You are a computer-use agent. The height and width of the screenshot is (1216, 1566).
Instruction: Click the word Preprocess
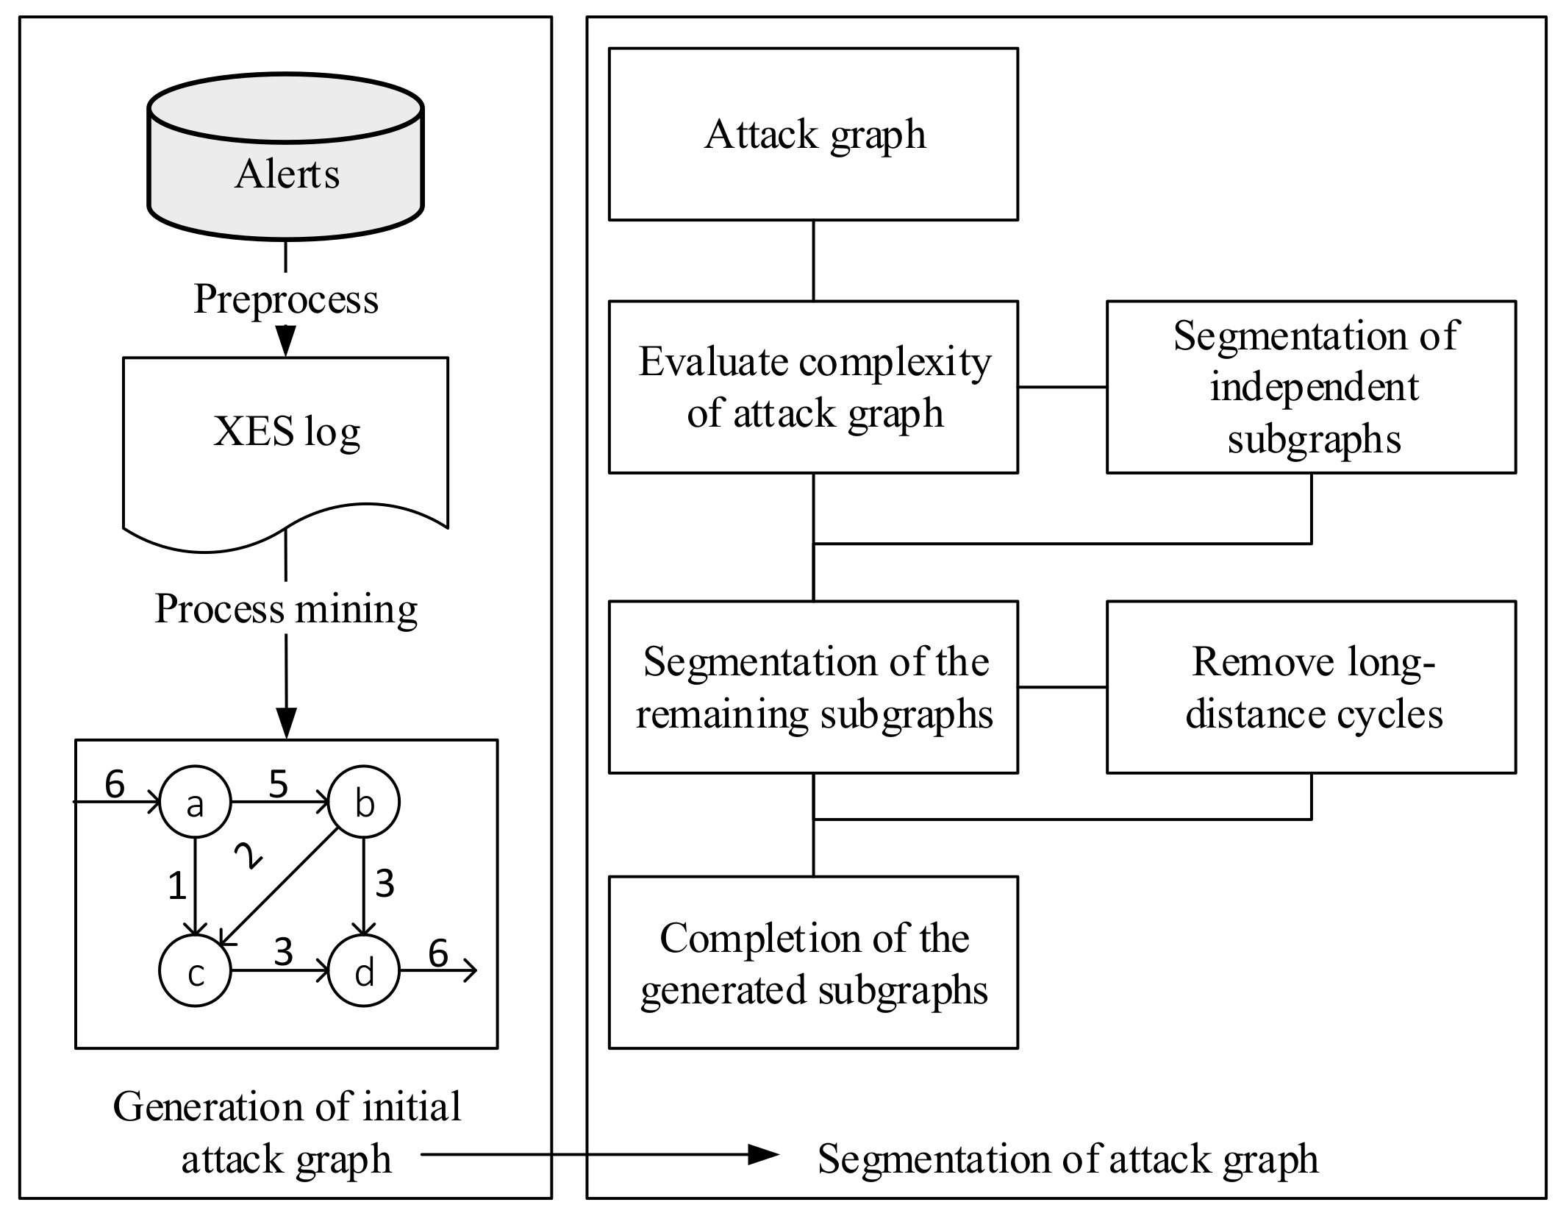286,299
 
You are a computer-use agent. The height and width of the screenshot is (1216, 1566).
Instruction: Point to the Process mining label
286,609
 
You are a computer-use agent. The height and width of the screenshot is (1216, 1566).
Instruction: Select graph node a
195,803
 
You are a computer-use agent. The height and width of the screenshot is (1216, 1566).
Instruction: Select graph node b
364,803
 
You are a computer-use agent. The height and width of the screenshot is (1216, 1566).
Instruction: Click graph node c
195,971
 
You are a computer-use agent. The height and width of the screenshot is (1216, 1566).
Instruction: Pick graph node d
364,971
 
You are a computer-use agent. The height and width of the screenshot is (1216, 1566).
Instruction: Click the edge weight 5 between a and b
278,784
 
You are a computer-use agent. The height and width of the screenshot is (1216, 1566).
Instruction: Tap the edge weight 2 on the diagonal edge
248,855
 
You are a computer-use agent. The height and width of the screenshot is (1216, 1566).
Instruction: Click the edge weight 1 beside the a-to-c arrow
176,886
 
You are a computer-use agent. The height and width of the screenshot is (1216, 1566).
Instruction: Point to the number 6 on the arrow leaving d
438,953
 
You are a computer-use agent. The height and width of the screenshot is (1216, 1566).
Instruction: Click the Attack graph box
813,135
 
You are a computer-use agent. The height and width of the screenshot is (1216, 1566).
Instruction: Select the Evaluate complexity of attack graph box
813,387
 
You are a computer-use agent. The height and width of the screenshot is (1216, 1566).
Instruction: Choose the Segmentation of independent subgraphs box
1311,387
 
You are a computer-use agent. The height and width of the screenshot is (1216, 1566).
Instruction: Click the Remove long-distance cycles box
1311,687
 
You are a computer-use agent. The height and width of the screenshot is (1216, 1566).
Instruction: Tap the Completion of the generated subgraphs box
813,962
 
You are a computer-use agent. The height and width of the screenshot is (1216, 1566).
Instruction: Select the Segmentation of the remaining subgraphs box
813,687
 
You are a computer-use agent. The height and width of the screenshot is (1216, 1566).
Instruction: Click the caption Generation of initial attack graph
287,1132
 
